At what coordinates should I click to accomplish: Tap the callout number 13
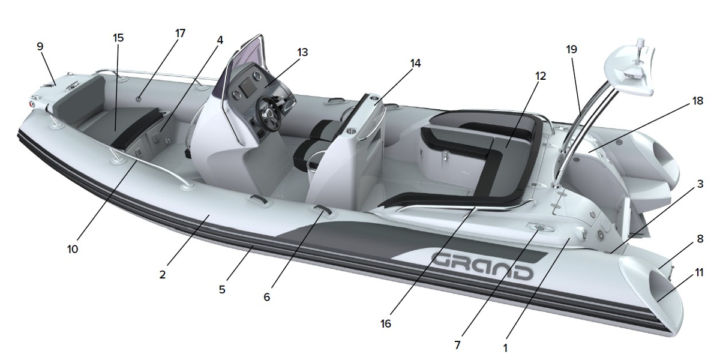[x=302, y=52]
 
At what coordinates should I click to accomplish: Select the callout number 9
[x=40, y=46]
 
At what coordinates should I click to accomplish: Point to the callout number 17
[x=181, y=33]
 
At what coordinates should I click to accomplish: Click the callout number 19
[x=571, y=49]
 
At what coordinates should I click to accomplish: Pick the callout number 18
[x=698, y=101]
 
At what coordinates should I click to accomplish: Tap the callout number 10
[x=73, y=249]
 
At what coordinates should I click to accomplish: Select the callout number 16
[x=386, y=323]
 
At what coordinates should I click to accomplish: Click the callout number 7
[x=457, y=345]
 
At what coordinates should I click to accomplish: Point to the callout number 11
[x=700, y=272]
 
